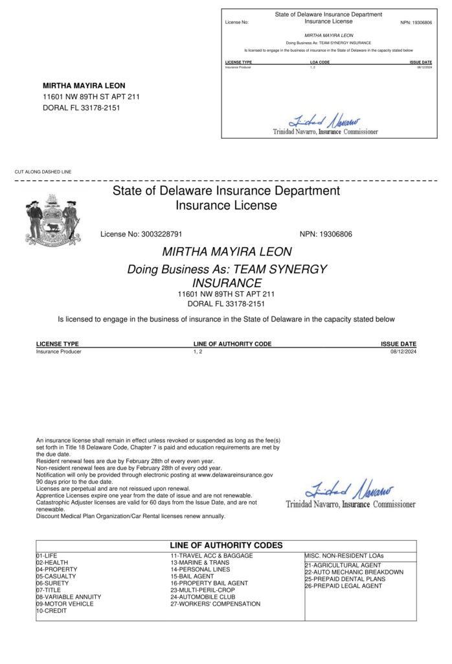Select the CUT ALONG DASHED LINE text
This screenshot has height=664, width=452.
[x=43, y=172]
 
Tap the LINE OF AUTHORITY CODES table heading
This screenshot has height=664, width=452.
[x=226, y=546]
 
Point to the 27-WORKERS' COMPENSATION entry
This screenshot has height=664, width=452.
[x=215, y=604]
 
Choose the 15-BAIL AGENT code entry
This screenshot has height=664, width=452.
[x=192, y=576]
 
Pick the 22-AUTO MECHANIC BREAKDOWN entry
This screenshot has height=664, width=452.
[x=354, y=573]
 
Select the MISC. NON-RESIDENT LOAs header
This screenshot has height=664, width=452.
[x=344, y=556]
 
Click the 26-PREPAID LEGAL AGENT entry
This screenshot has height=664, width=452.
[x=343, y=586]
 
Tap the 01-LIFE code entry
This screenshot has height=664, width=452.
[x=47, y=556]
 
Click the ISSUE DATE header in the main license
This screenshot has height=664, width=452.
[x=398, y=344]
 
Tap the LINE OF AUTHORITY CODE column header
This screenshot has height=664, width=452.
[x=232, y=344]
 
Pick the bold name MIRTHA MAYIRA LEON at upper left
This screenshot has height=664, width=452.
[x=84, y=86]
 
